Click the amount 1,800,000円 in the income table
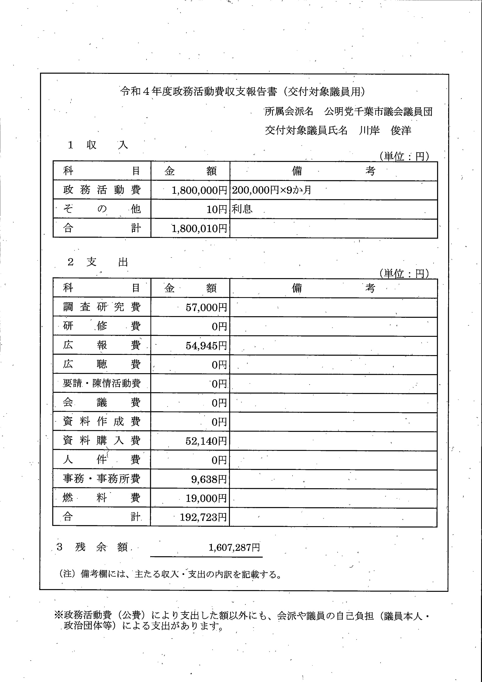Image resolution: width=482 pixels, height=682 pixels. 199,190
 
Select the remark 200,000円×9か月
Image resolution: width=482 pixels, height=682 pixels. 271,190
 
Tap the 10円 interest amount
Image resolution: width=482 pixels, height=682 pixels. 217,210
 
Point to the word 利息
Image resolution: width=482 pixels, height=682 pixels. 242,209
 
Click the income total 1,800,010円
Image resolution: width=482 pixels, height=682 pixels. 199,229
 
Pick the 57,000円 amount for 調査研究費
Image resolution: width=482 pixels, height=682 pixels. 206,307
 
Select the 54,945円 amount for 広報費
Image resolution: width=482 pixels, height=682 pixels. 206,346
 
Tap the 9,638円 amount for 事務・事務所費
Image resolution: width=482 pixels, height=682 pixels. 209,479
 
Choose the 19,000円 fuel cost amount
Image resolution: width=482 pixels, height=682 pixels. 206,498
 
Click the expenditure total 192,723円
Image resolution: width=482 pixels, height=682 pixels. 203,517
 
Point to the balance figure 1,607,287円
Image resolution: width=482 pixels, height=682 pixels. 234,547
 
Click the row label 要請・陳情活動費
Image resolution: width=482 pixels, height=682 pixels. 102,383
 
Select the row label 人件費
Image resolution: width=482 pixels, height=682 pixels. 102,460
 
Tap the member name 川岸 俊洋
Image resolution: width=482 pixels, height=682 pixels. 385,130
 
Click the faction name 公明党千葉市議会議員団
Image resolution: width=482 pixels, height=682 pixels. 378,112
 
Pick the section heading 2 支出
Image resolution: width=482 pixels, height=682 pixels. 98,262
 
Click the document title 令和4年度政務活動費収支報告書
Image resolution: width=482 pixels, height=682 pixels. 199,92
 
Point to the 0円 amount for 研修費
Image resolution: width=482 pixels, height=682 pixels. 219,327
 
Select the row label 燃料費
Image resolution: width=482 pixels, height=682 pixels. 102,498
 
